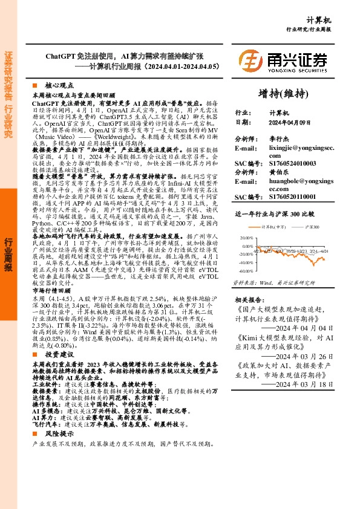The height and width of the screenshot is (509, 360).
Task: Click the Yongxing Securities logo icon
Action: (250, 61)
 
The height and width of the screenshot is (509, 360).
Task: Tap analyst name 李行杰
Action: (279, 139)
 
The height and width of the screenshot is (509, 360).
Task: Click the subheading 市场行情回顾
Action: (50, 290)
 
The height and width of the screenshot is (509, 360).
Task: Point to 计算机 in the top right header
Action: (336, 19)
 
